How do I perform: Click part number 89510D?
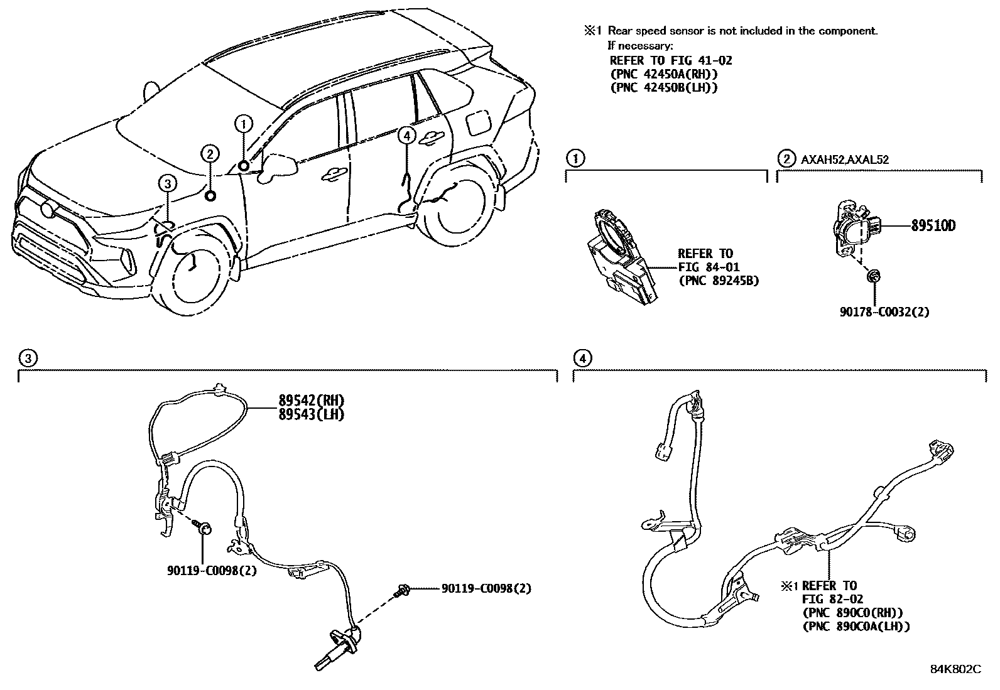point(933,226)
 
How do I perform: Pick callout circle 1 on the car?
point(244,124)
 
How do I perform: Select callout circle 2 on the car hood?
point(210,153)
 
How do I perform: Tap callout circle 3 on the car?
point(166,183)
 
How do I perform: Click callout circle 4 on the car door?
point(407,134)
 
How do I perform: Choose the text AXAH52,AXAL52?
point(844,159)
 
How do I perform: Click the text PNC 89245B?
point(719,281)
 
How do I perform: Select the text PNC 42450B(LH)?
point(664,88)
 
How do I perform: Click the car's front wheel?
point(193,270)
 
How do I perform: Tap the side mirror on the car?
point(277,166)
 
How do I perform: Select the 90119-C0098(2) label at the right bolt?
point(486,588)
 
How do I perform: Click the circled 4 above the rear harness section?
point(583,358)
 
